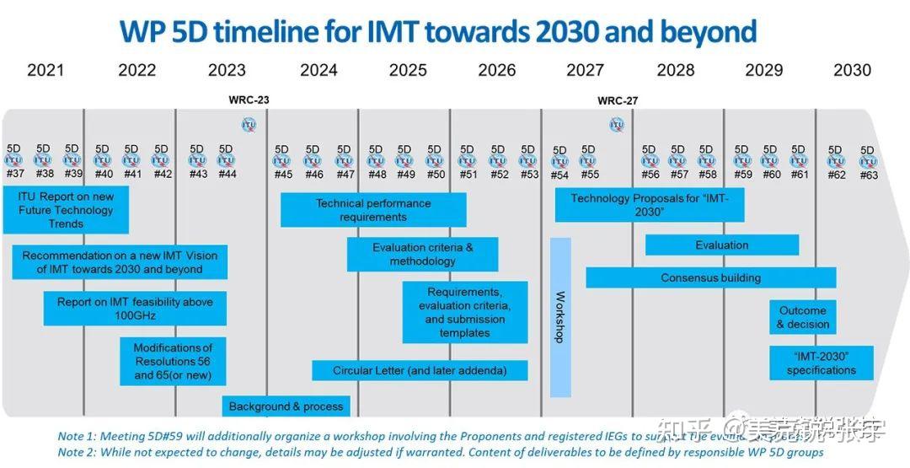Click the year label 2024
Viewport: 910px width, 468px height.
(318, 70)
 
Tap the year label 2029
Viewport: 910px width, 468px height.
(763, 70)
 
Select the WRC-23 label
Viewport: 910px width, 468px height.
(249, 100)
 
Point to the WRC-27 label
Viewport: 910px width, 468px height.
(618, 100)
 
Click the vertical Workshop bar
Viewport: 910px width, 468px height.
(560, 317)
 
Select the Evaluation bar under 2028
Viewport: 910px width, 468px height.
(722, 245)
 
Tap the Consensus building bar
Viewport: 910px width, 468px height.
(710, 277)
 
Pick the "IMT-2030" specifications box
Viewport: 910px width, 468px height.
(821, 363)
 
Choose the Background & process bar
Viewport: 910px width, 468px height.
(286, 406)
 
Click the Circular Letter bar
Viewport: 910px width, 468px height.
(420, 370)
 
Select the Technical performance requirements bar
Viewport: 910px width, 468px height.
(373, 210)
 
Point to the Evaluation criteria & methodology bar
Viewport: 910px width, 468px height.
(422, 255)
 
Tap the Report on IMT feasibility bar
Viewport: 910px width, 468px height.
(135, 309)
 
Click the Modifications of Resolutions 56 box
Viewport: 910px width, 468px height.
(173, 361)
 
